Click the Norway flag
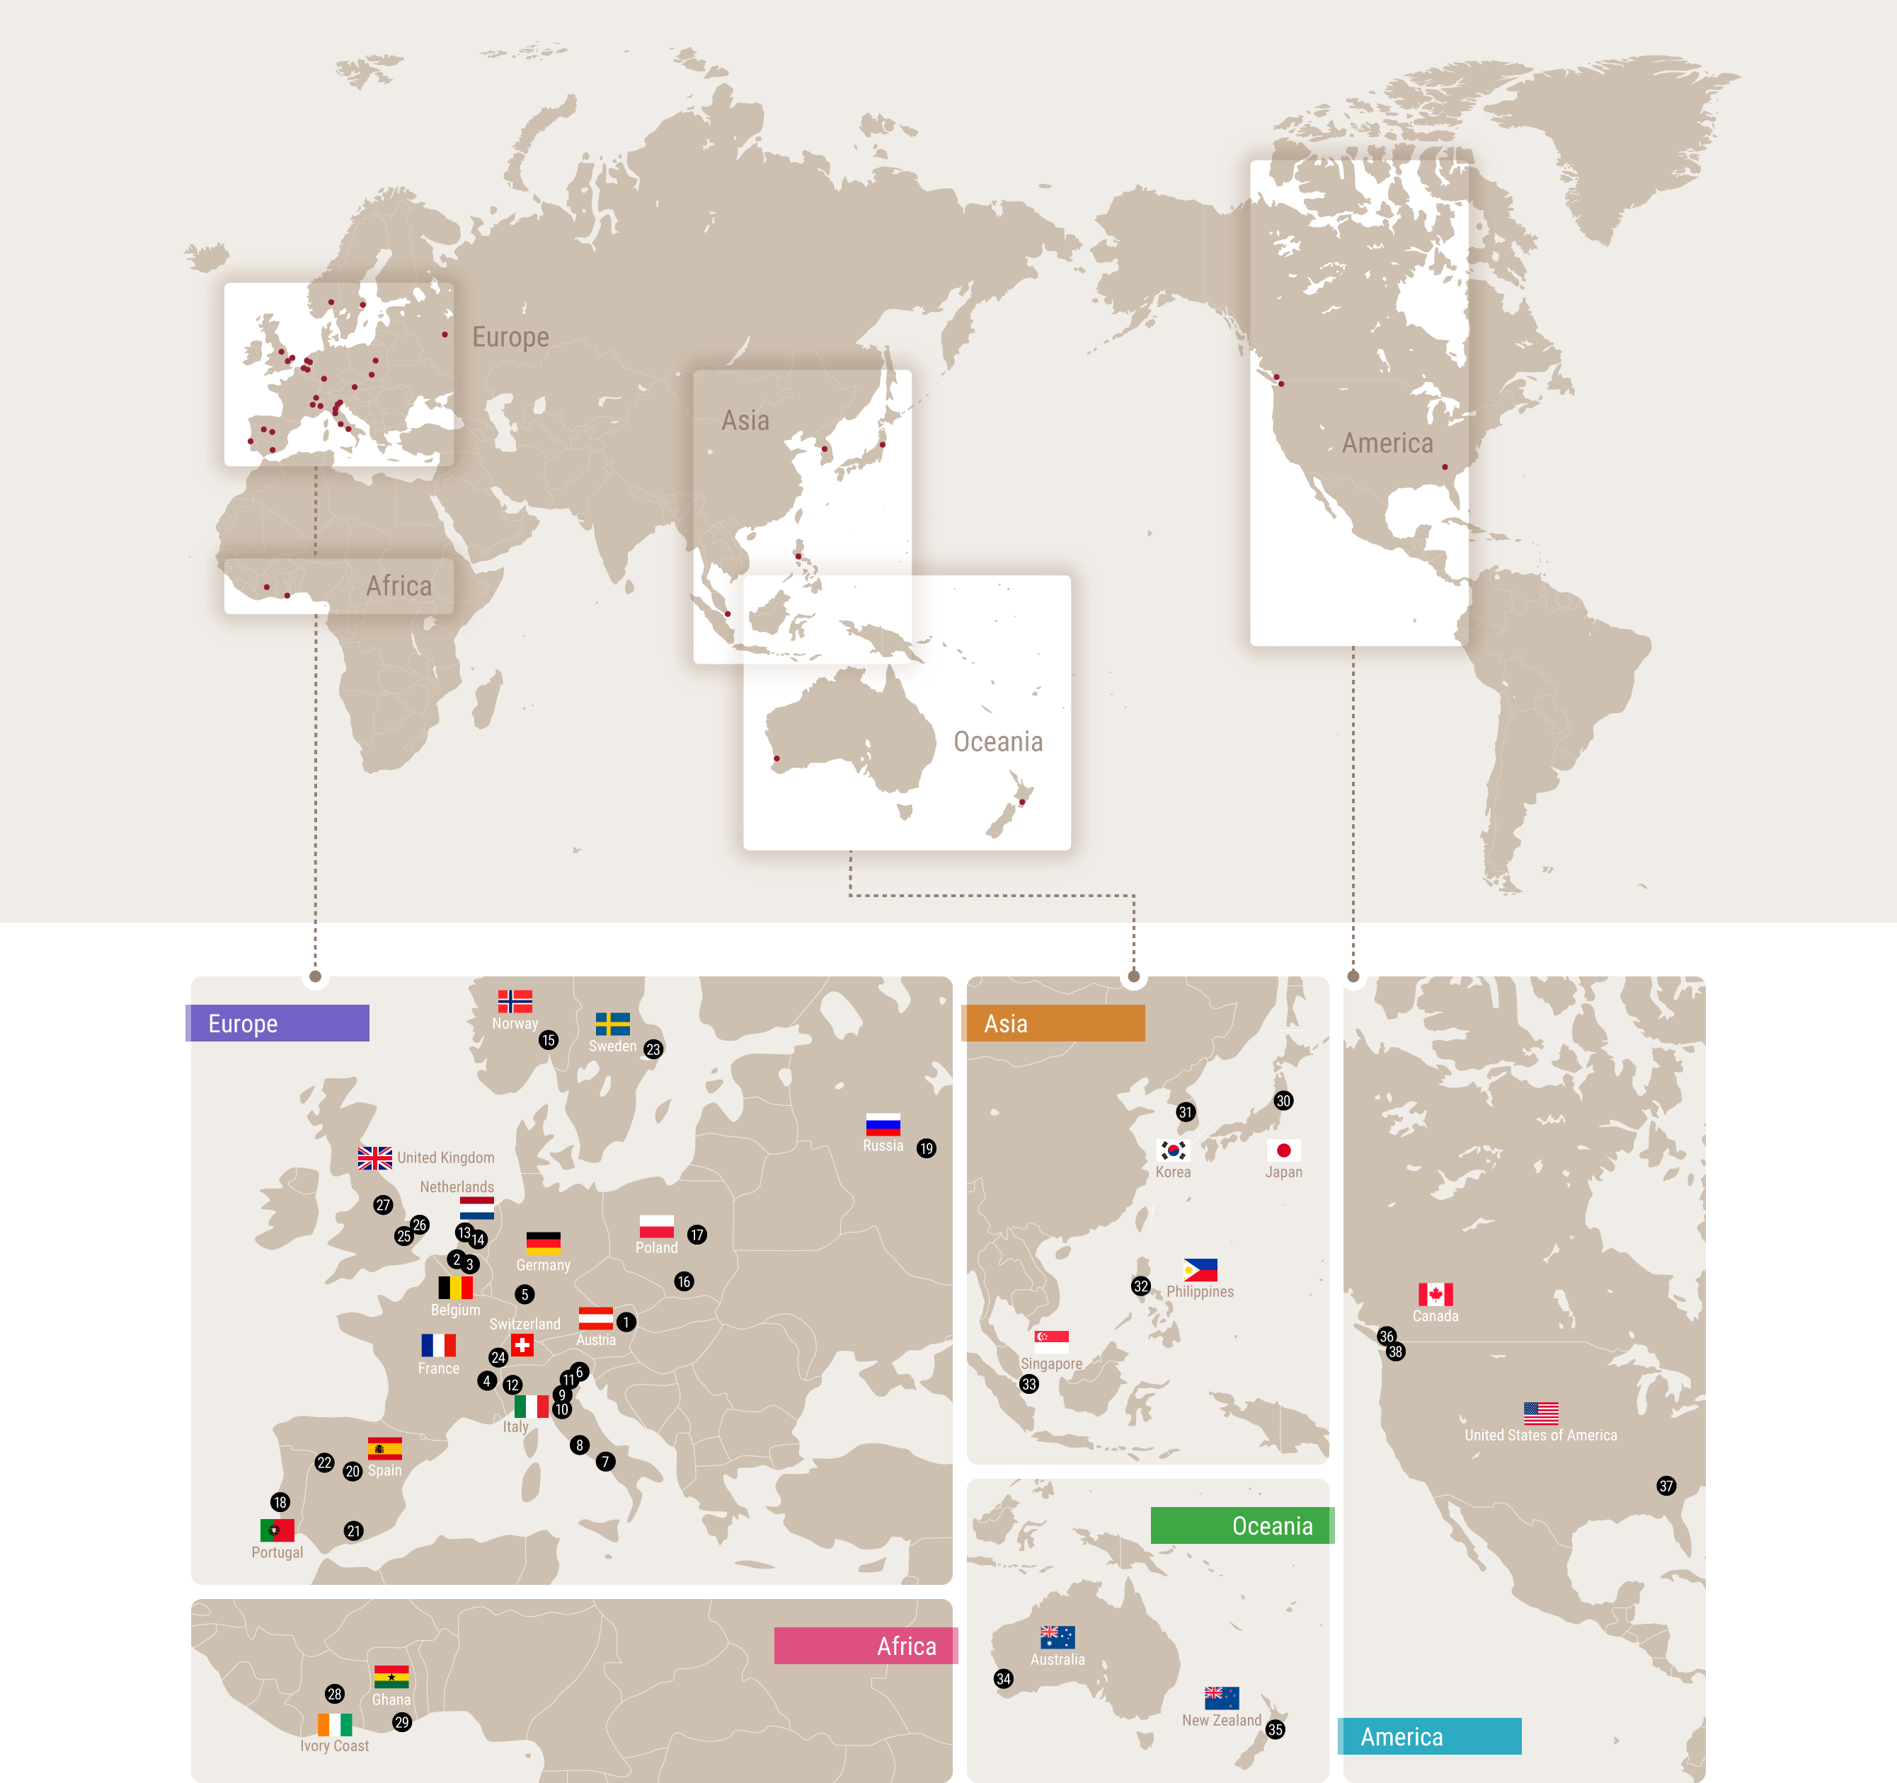[x=515, y=1000]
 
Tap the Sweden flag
[x=612, y=1024]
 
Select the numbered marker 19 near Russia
[x=926, y=1148]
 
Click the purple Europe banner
[x=277, y=1022]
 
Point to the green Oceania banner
[x=1242, y=1525]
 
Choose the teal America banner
[x=1429, y=1736]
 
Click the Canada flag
[x=1435, y=1293]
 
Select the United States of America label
[x=1540, y=1435]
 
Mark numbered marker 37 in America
[x=1666, y=1485]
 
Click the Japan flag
[x=1283, y=1150]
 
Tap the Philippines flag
[x=1200, y=1270]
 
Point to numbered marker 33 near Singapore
[x=1028, y=1383]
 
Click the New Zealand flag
[x=1222, y=1697]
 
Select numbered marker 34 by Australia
[x=1003, y=1678]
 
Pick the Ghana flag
[x=391, y=1676]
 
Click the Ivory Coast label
[x=334, y=1746]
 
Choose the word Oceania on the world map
[x=997, y=742]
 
